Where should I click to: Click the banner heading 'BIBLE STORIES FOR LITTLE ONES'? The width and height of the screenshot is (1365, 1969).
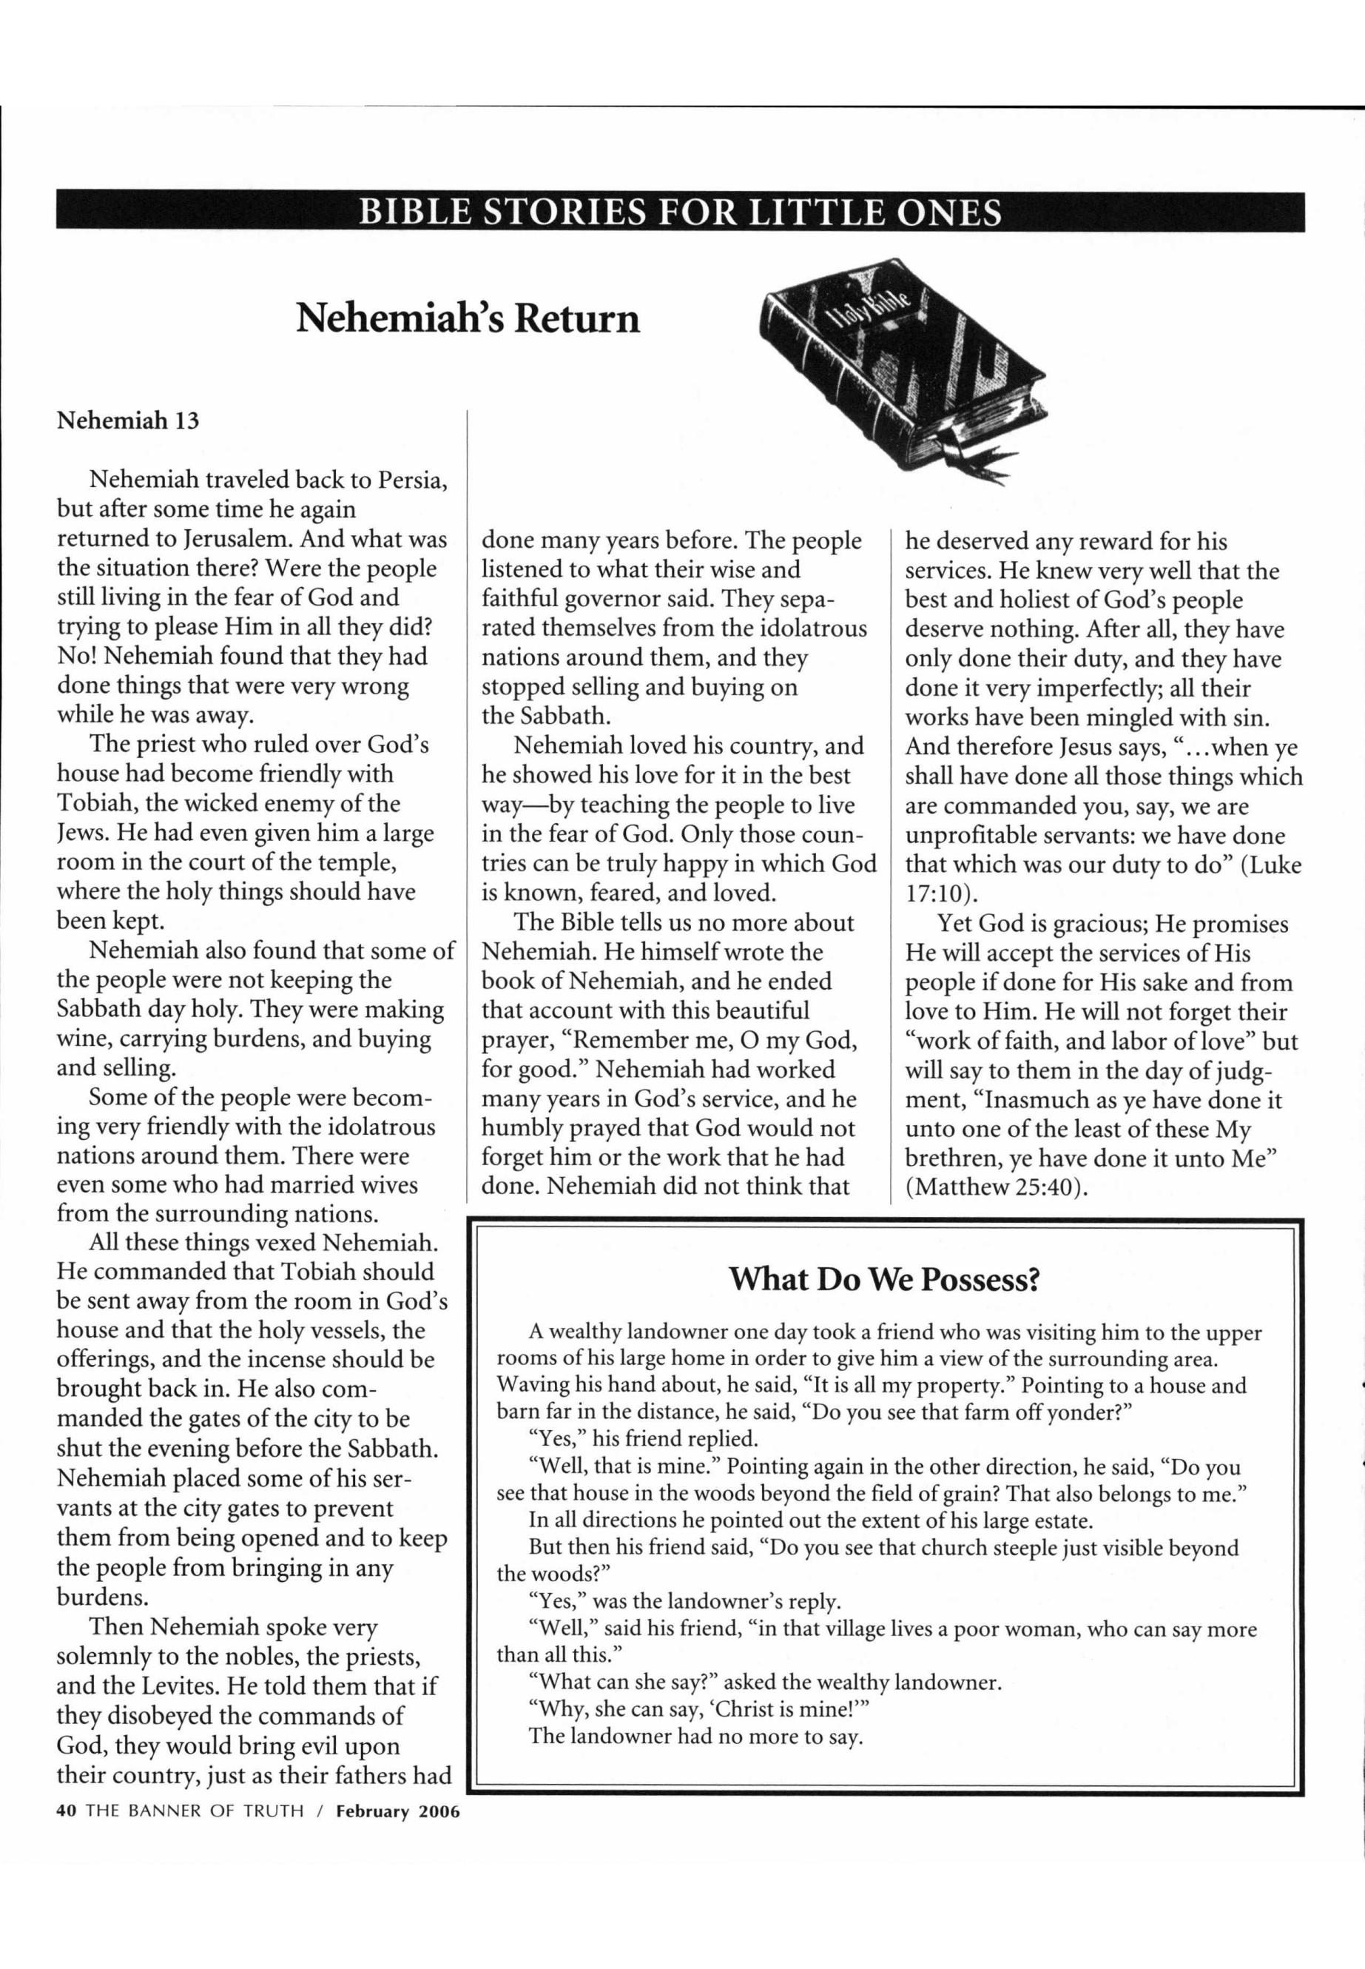coord(680,212)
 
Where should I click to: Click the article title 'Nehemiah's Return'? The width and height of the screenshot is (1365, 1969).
coord(468,318)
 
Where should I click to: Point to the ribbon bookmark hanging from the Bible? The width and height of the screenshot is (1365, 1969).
coord(975,463)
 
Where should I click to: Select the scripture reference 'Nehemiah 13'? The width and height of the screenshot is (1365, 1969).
coord(127,421)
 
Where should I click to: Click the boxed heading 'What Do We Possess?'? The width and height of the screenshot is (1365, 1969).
coord(884,1279)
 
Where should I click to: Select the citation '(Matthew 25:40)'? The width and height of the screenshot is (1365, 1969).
coord(997,1189)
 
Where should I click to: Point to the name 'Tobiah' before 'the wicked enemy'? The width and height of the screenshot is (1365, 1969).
coord(92,802)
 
